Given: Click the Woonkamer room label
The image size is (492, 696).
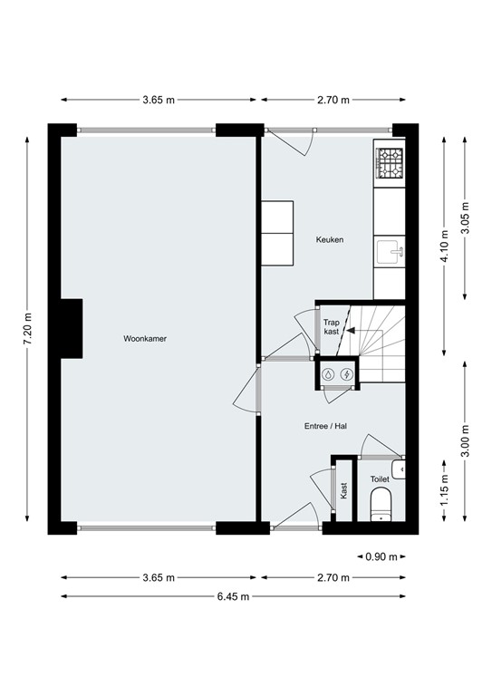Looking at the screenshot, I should pos(145,338).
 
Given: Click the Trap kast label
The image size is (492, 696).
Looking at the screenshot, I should pos(332,326).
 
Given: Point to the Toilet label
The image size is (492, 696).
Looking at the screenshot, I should pos(380,478).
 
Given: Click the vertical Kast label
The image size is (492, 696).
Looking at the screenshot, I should pos(343,491).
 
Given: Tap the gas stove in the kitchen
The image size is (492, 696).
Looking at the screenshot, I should pos(390,163).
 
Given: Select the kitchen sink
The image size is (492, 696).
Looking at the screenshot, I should pos(391,251).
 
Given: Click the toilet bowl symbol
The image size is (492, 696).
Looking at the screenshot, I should pos(381,504).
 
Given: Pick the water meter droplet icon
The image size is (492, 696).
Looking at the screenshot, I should pos(329,373).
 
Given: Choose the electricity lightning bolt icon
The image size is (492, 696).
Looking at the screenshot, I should pos(346,373).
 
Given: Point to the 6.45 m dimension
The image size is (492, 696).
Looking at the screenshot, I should pos(233,595).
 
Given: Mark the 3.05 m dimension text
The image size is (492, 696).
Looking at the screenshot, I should pos(465,218).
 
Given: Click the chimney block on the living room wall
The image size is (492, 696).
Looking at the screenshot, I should pos(72,327).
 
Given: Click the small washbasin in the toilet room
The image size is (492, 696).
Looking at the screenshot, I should pos(400,469).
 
